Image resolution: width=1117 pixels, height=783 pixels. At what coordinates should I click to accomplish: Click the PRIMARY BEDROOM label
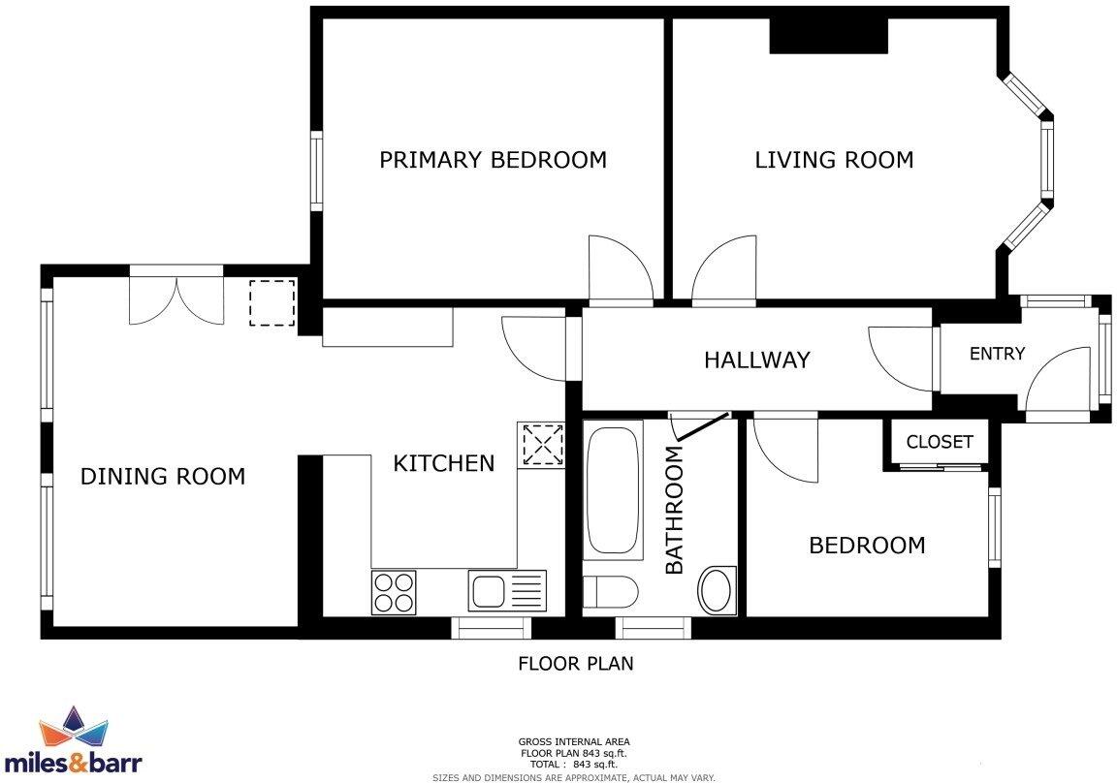(493, 160)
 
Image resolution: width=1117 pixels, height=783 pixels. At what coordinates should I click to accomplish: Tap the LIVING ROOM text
(834, 160)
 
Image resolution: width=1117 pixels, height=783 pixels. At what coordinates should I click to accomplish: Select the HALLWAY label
(756, 360)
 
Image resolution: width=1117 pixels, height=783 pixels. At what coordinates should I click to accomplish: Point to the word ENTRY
(997, 354)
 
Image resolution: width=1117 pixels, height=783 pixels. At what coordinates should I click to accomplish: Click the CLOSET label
(939, 442)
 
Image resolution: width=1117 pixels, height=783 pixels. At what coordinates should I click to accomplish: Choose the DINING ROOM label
(162, 477)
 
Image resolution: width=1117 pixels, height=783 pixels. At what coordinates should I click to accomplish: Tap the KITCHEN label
(443, 463)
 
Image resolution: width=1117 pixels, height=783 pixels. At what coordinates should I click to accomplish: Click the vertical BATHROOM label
(675, 509)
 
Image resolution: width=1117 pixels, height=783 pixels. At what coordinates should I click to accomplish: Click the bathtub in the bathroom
(613, 489)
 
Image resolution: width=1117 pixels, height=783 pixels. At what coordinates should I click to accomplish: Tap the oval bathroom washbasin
(717, 590)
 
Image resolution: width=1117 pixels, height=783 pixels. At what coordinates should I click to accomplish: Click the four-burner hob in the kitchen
(393, 592)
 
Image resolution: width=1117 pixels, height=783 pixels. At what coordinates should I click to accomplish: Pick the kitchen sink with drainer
(507, 590)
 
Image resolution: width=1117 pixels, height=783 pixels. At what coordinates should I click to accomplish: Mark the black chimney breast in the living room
(829, 36)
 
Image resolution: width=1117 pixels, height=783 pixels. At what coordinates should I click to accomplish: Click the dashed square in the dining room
(271, 303)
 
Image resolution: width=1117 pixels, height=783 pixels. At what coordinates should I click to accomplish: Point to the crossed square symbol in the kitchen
(542, 446)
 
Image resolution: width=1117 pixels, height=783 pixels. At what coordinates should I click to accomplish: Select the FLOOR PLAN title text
(575, 664)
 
